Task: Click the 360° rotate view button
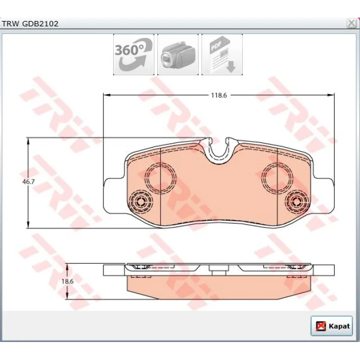pos(134,55)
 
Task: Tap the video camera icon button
pos(178,55)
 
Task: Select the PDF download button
pos(222,55)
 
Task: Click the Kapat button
pos(332,326)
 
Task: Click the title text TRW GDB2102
pos(30,24)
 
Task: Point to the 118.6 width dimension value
pos(219,95)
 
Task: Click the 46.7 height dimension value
pos(28,182)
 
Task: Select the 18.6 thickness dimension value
pos(67,281)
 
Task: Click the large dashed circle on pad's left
pos(160,163)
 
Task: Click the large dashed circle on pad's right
pos(277,163)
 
